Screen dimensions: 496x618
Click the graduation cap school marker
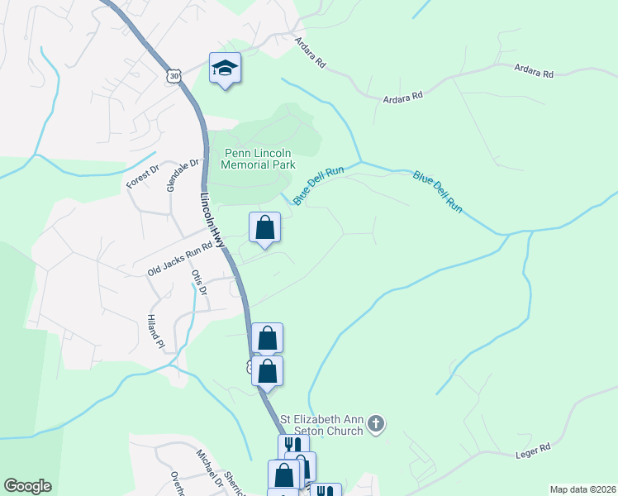click(225, 69)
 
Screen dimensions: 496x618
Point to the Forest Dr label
click(136, 175)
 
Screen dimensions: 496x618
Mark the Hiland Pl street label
click(152, 331)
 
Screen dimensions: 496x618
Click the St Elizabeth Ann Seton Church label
click(321, 425)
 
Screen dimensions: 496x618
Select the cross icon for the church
click(376, 425)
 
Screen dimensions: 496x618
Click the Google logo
click(27, 486)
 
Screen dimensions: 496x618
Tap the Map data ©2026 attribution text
click(582, 489)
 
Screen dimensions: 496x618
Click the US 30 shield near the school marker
click(173, 75)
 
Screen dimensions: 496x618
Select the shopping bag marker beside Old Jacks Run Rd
click(264, 227)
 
